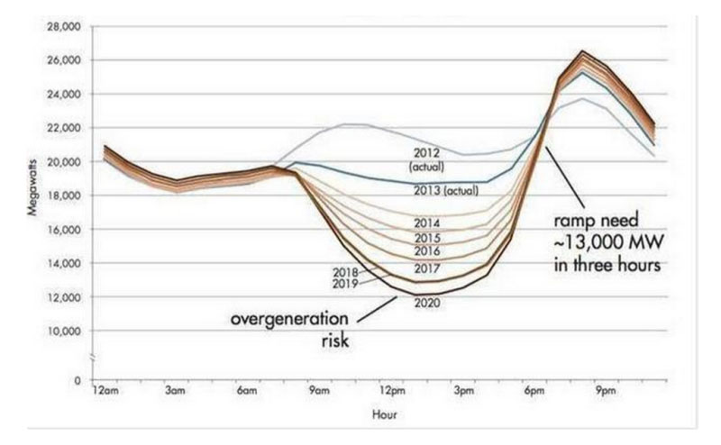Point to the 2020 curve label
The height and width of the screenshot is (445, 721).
coord(426,302)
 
